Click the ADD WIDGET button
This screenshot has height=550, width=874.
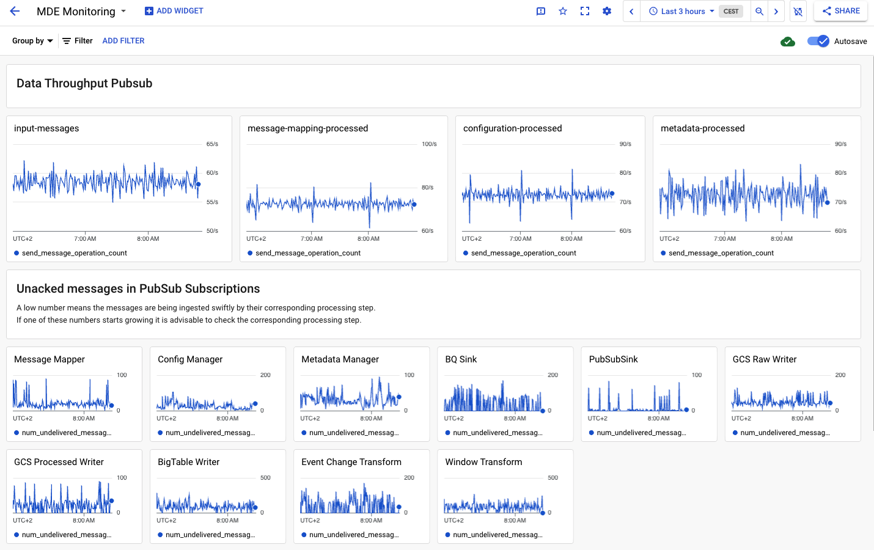tap(174, 11)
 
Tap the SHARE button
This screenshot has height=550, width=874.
tap(841, 11)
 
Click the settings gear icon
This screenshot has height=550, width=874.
tap(607, 11)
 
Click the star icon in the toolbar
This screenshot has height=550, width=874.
tap(563, 11)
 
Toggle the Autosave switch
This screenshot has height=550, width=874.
tap(818, 41)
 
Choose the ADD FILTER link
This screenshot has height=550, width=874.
tap(123, 41)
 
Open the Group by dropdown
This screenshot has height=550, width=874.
tap(32, 41)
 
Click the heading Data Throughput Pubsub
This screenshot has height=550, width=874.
tap(84, 84)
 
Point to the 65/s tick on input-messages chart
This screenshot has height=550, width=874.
tap(212, 144)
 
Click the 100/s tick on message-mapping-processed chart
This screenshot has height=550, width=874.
tap(429, 144)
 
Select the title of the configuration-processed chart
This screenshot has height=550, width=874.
tap(512, 128)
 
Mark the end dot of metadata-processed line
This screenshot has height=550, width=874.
tap(828, 202)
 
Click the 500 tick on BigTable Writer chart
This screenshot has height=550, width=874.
tap(265, 478)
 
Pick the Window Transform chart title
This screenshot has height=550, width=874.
tap(483, 462)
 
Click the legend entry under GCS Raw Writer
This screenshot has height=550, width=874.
tap(784, 433)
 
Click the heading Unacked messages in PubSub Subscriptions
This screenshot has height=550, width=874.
tap(138, 289)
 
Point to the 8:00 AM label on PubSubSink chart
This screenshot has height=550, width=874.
tap(658, 419)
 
